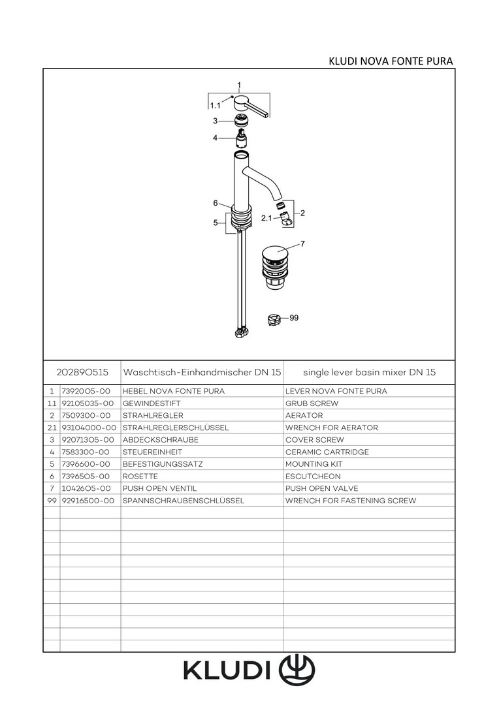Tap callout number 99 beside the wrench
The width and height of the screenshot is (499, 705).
pyautogui.click(x=293, y=318)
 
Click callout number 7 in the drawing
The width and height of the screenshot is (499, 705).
pyautogui.click(x=302, y=244)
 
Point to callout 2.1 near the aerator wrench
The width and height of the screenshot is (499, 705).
pyautogui.click(x=266, y=218)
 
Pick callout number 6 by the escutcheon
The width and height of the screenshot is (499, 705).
pyautogui.click(x=215, y=202)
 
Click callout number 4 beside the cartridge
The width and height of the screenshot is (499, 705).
pyautogui.click(x=214, y=138)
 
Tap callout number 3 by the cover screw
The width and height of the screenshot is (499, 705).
pyautogui.click(x=214, y=121)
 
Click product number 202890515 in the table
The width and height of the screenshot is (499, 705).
pyautogui.click(x=82, y=372)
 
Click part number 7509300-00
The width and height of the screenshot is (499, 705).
pyautogui.click(x=86, y=416)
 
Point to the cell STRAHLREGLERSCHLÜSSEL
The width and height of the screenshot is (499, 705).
pyautogui.click(x=175, y=428)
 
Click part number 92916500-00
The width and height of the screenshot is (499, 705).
pyautogui.click(x=88, y=501)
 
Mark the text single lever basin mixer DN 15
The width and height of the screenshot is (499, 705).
pyautogui.click(x=369, y=372)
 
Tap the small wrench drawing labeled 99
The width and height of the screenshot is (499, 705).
pyautogui.click(x=274, y=319)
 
